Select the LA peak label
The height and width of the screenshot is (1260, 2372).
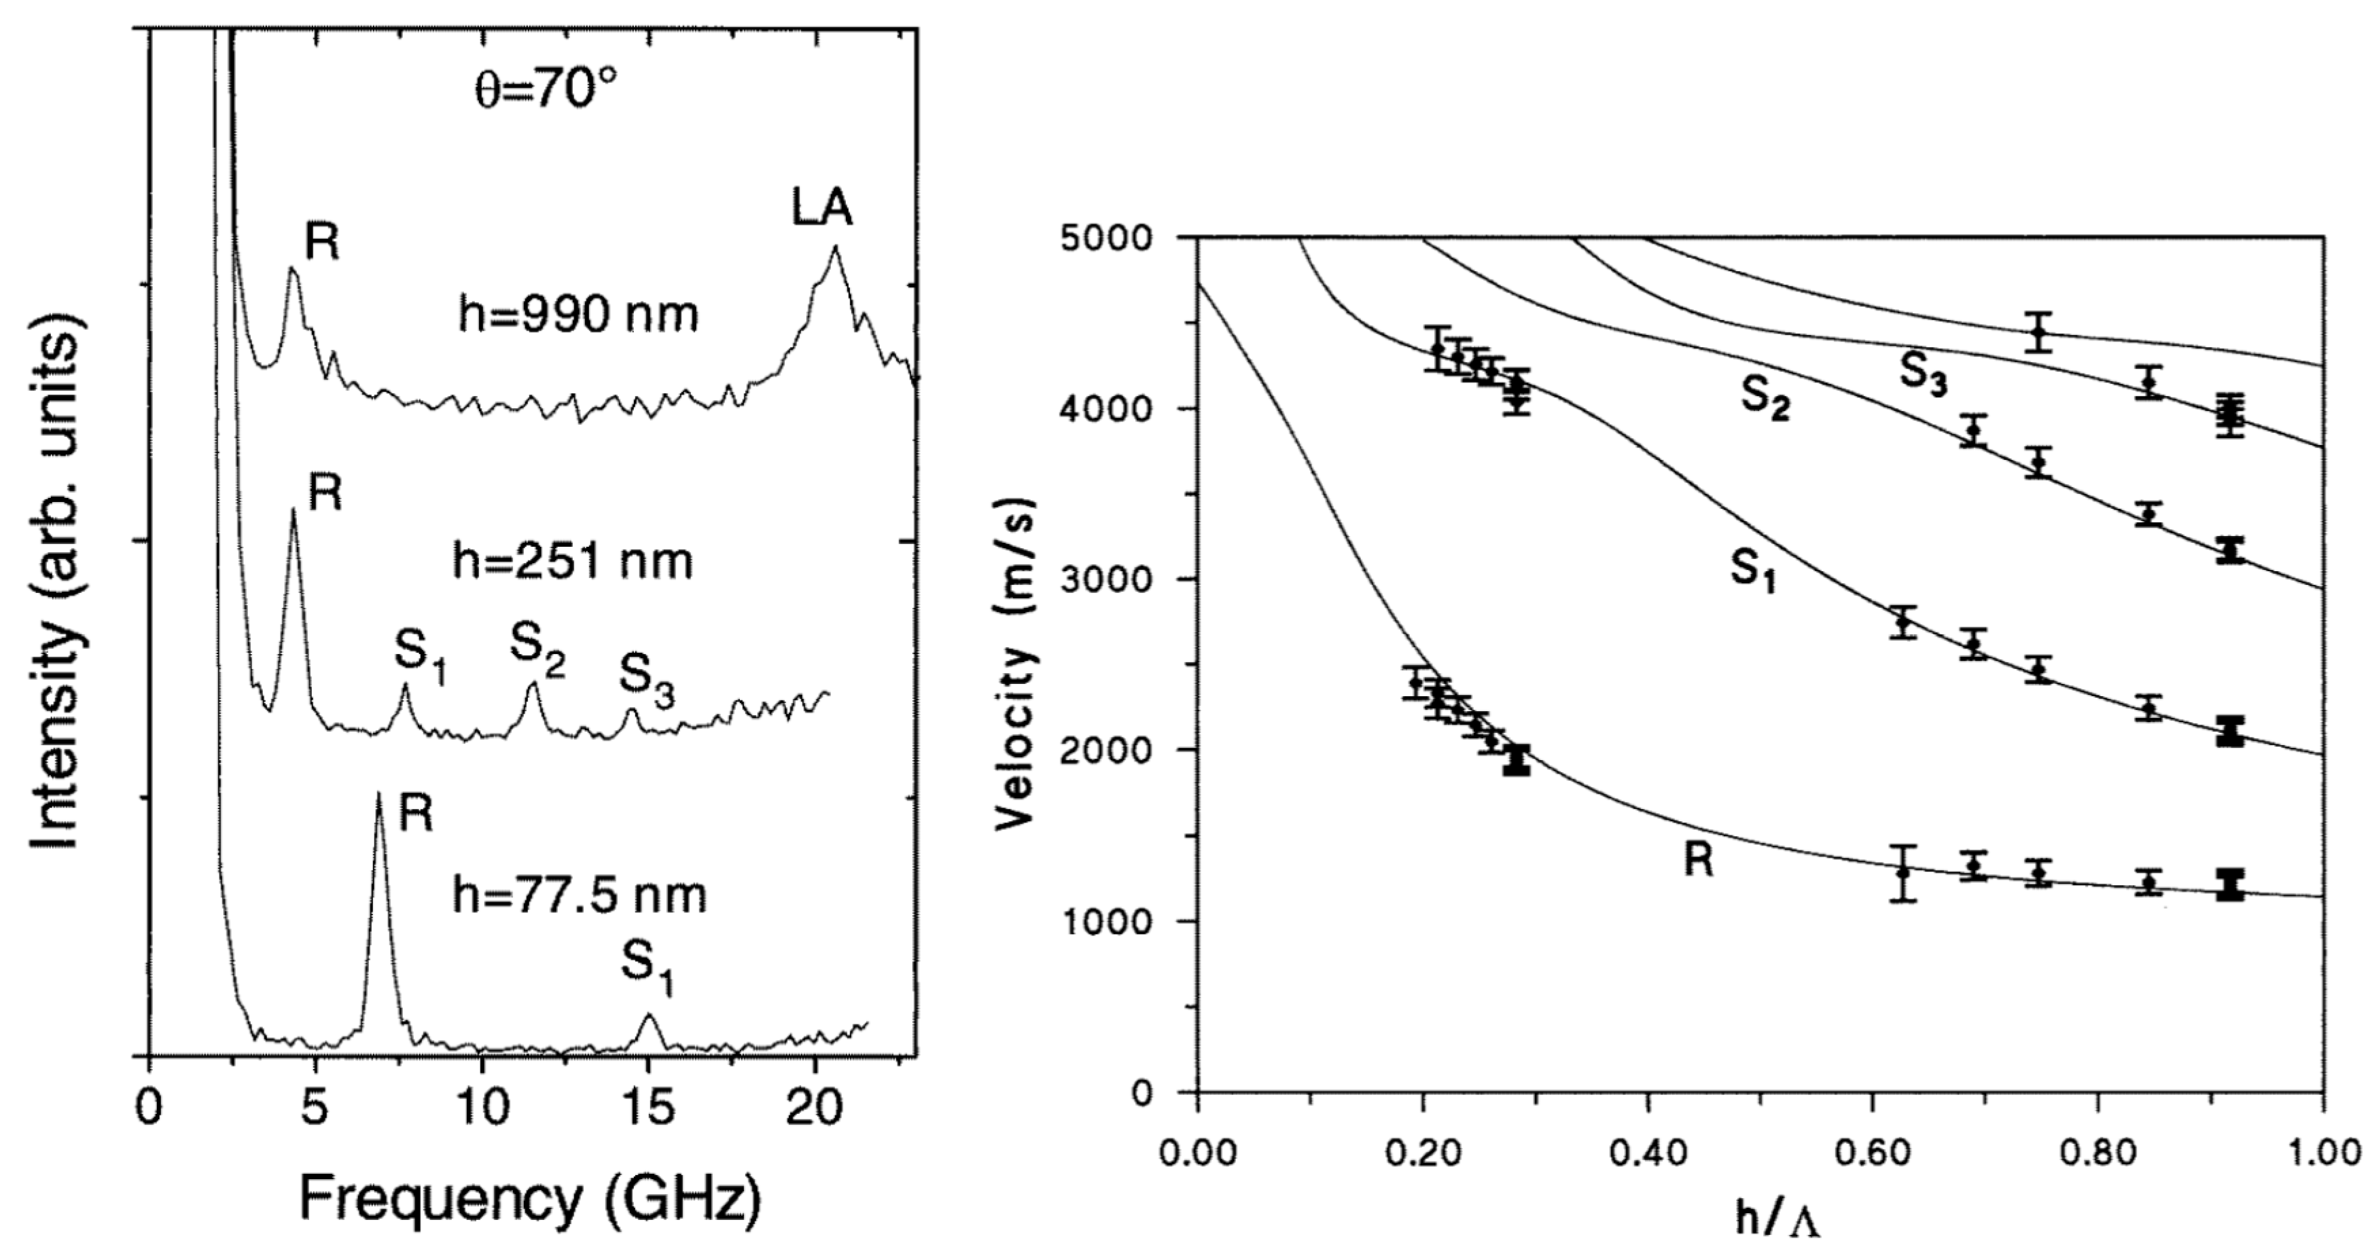click(822, 208)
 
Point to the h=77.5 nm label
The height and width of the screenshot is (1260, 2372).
click(579, 895)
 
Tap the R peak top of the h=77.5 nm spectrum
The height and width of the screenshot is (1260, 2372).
click(378, 795)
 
